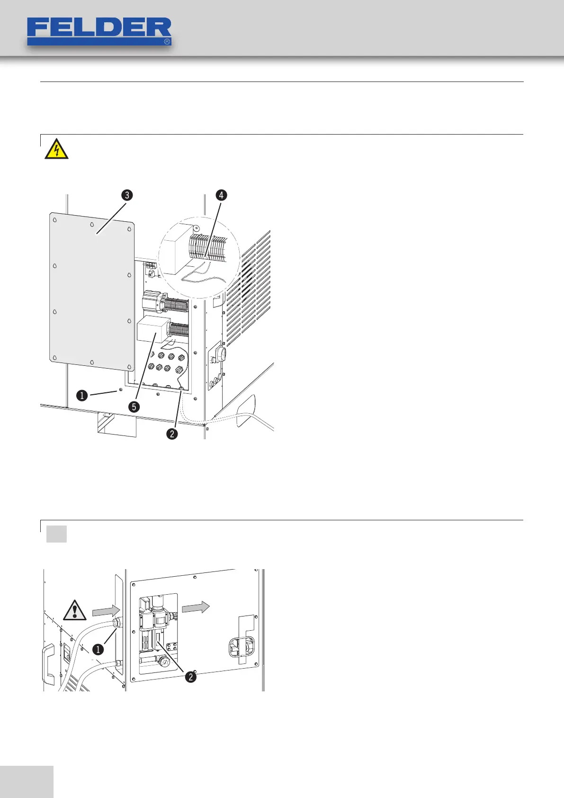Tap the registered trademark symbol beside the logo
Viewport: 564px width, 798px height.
167,42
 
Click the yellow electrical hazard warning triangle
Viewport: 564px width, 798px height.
56,150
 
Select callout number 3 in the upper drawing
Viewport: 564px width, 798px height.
126,195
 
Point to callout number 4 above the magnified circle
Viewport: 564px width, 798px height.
221,195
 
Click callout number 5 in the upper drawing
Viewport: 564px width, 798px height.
135,407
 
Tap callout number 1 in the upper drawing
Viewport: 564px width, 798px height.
82,395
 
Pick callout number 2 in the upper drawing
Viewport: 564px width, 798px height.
172,433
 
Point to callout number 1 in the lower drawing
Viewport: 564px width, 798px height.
98,649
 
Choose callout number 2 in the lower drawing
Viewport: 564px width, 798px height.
190,677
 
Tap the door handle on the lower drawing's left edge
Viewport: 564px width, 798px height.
48,663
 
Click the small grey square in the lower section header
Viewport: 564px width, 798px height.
56,534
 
